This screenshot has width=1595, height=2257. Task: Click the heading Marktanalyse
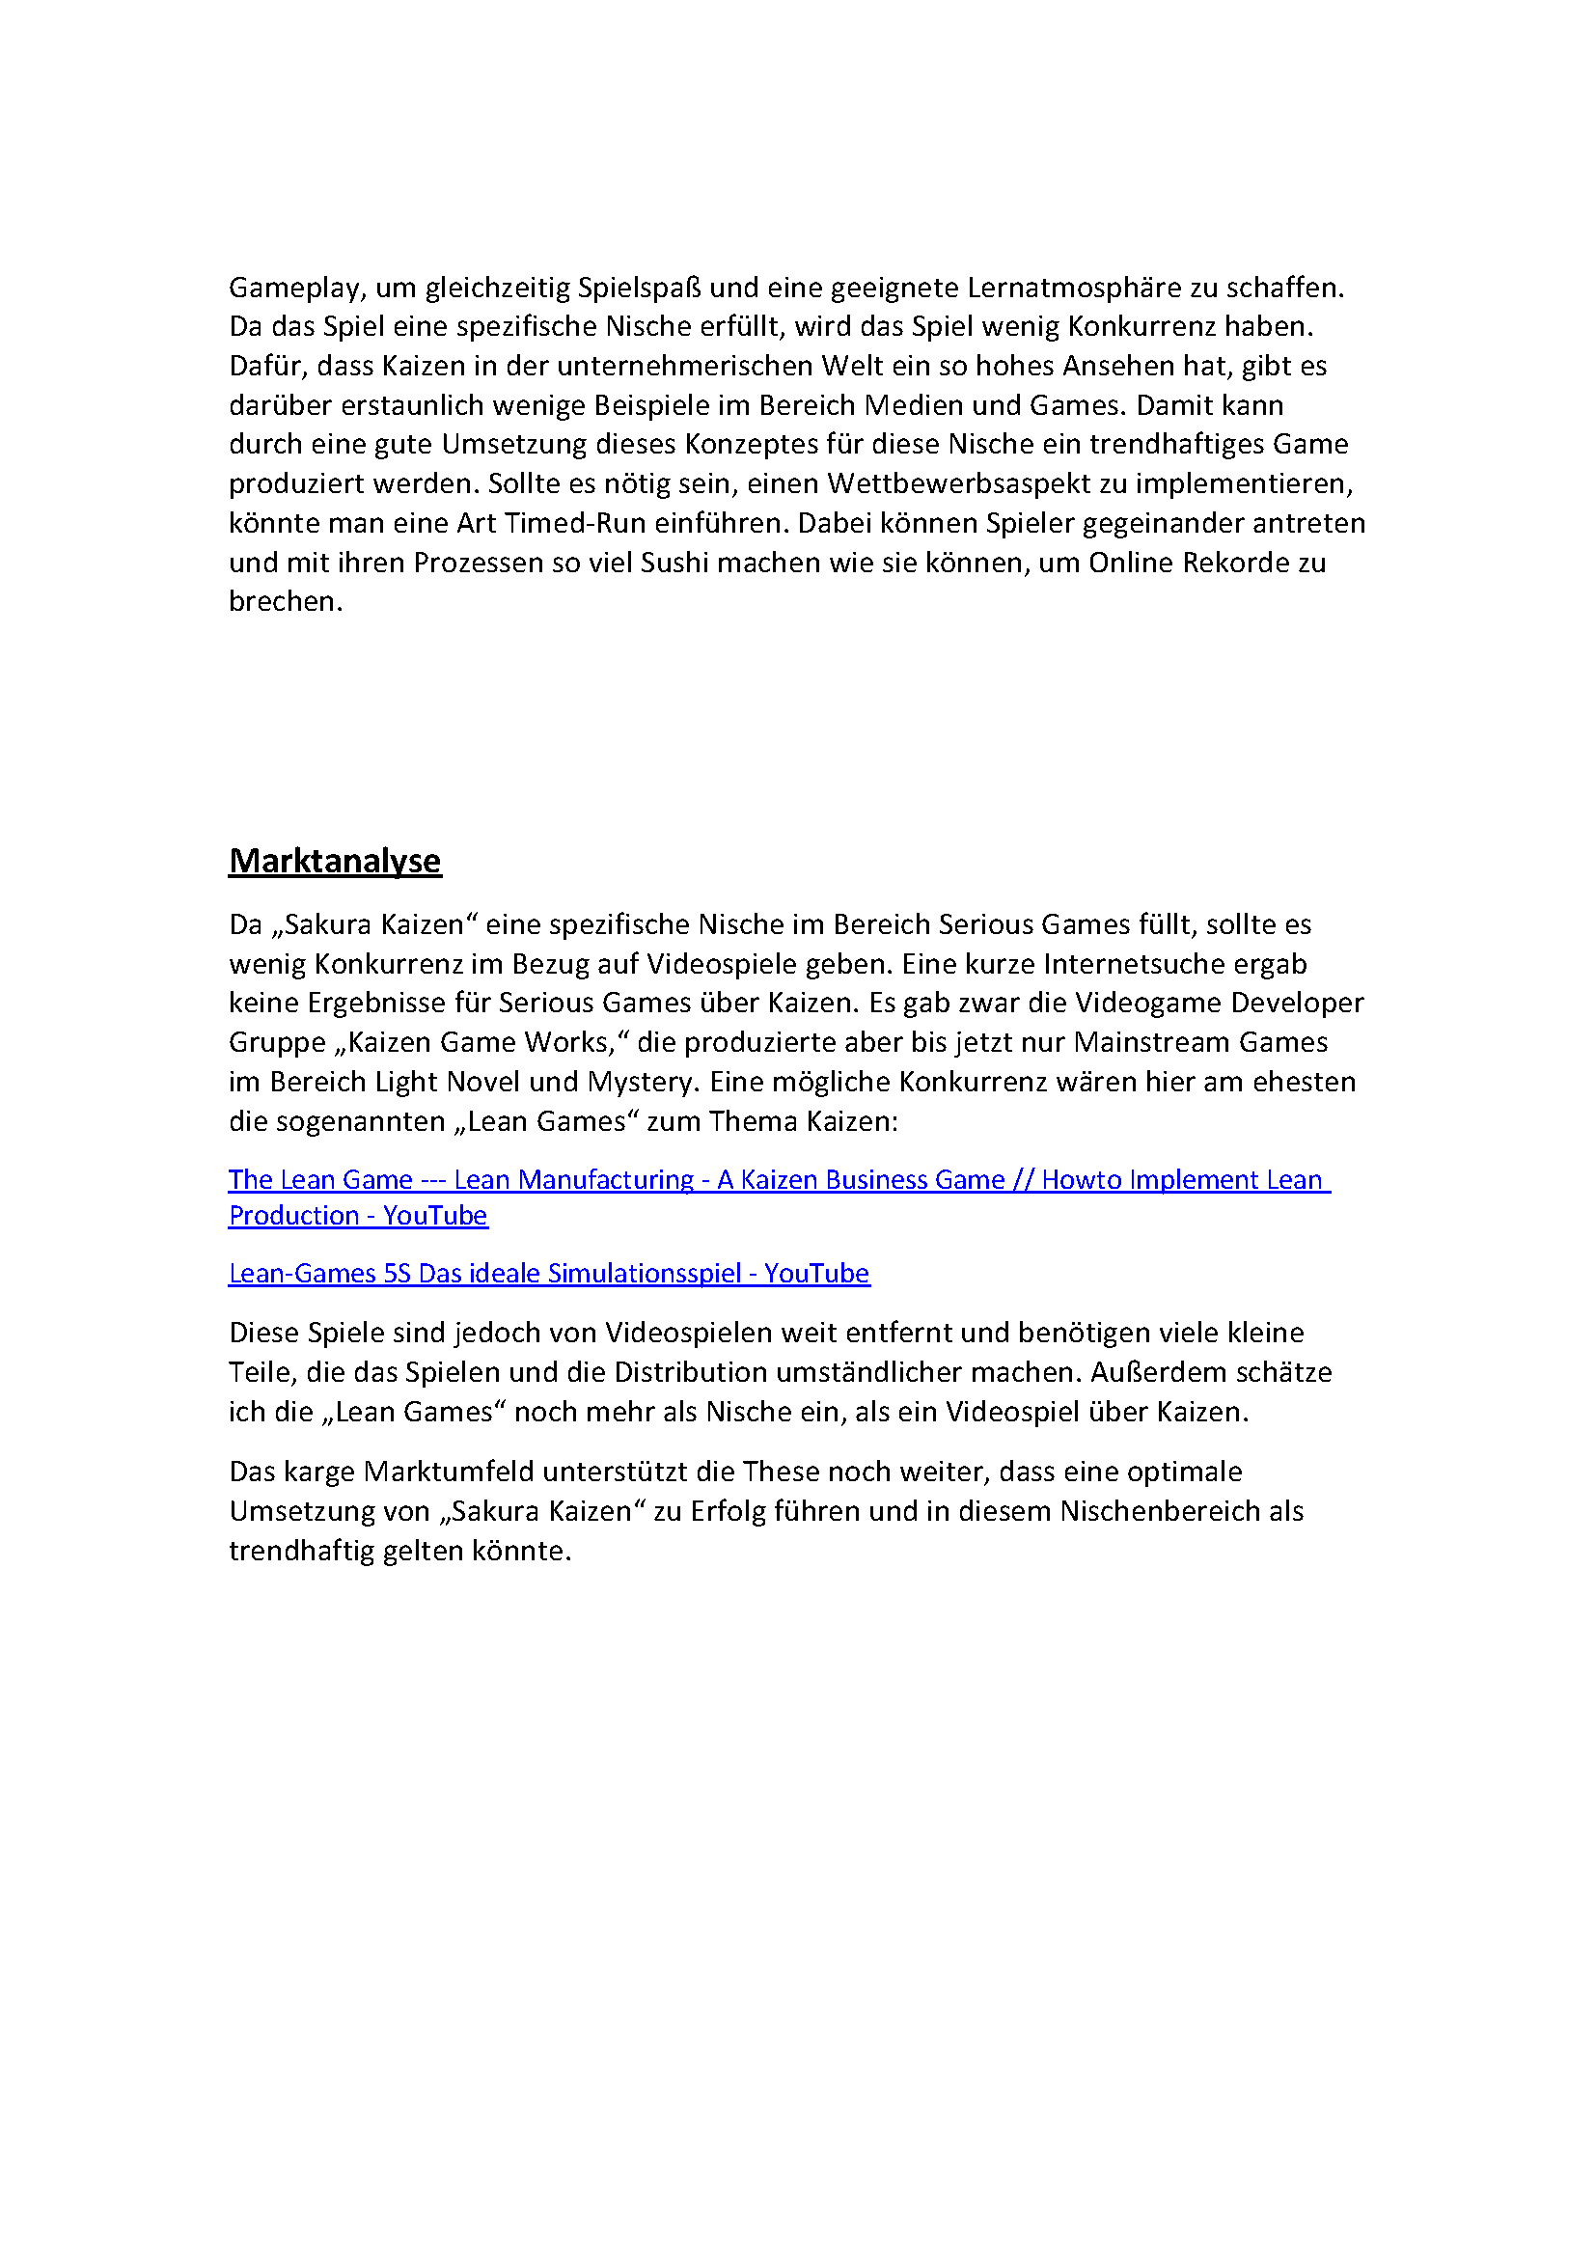click(x=335, y=861)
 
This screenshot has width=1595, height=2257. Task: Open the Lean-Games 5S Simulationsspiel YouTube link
click(x=548, y=1274)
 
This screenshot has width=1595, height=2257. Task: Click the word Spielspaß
click(x=640, y=288)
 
